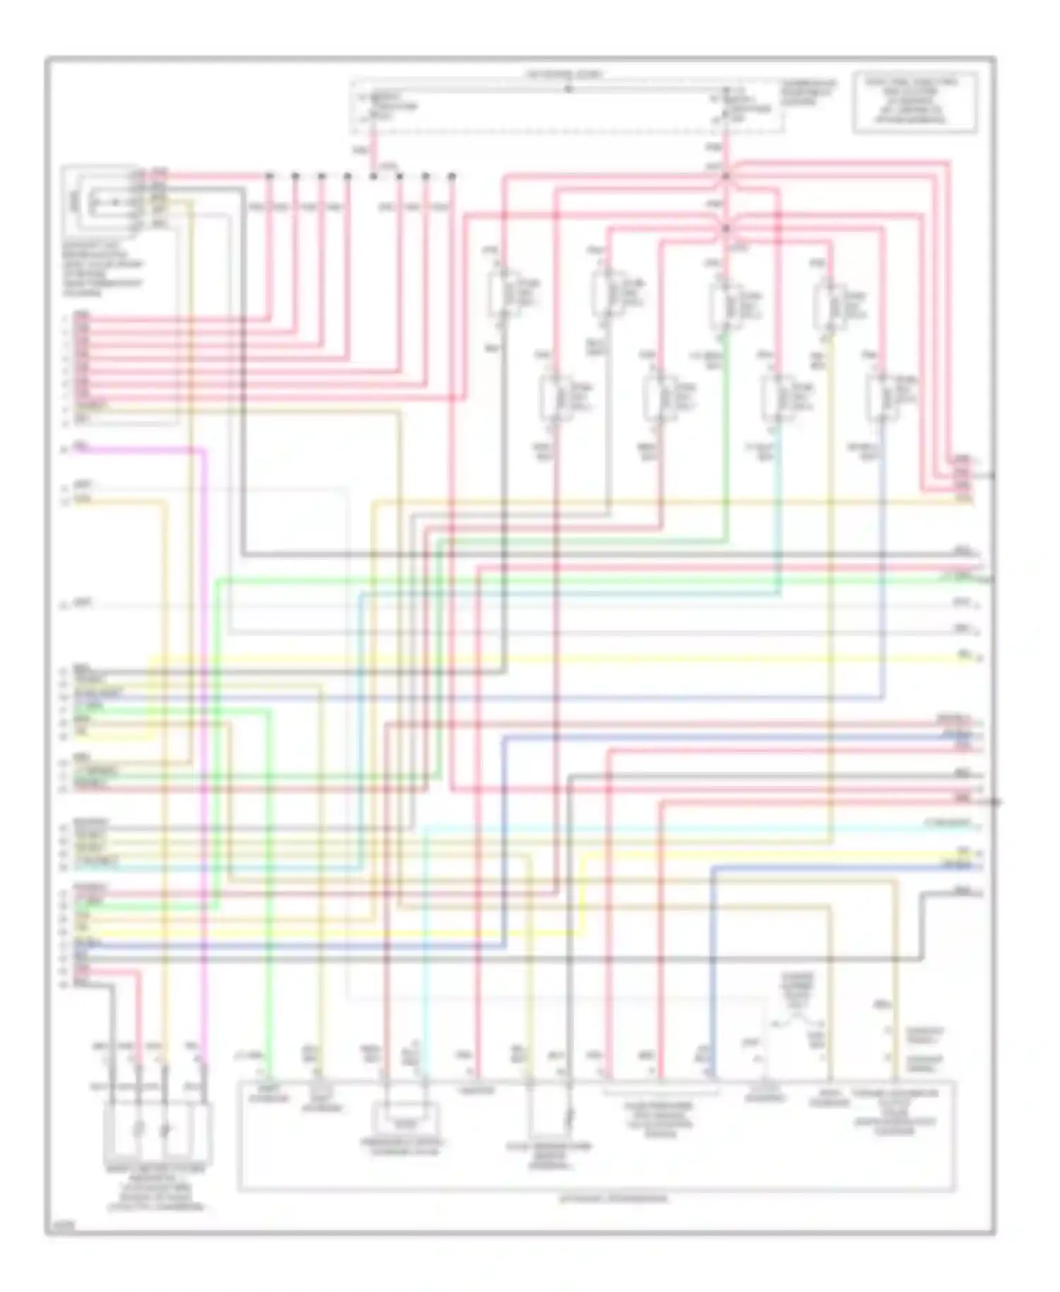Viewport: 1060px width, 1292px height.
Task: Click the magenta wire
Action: tap(204, 707)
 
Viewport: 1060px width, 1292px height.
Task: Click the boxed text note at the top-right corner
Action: tap(915, 102)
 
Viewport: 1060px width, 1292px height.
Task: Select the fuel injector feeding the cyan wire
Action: tap(777, 398)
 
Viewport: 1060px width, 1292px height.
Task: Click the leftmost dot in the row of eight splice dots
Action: tap(269, 175)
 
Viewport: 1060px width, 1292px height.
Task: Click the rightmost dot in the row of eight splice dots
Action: tap(452, 175)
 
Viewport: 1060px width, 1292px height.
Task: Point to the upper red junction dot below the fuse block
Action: tap(726, 175)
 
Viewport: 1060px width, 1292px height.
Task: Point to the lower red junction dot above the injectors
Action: tap(726, 228)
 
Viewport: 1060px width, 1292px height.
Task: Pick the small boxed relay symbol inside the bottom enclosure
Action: tap(405, 1121)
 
